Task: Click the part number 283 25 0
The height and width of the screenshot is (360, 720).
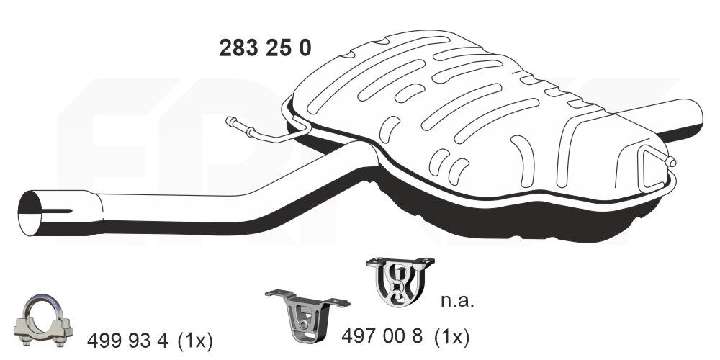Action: click(x=265, y=48)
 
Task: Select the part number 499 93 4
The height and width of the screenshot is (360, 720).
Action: click(x=127, y=340)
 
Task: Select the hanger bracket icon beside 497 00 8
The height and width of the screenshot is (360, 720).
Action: click(x=301, y=317)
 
